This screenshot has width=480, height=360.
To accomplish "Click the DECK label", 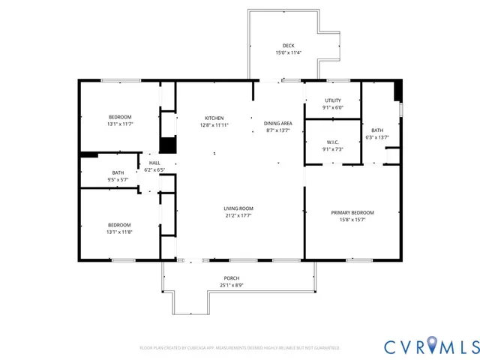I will pos(288,46).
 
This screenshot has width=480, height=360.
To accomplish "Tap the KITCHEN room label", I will pos(214,118).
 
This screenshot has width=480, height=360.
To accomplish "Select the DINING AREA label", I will pos(277,123).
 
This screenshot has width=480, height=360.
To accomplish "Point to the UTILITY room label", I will pos(333,100).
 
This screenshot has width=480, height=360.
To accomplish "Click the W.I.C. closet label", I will pos(333,142).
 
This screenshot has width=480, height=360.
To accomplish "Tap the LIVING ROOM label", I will pos(238,208).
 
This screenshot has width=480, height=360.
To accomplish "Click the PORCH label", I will pos(231,278).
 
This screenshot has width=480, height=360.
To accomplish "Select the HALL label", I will pos(154,163).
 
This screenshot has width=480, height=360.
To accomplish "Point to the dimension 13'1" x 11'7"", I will pos(120,124).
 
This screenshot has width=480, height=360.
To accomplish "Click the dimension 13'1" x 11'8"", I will pos(120,232).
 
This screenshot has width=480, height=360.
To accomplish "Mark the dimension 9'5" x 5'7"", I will pos(118,180).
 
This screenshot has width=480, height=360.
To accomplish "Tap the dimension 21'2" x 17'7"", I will pos(238,216).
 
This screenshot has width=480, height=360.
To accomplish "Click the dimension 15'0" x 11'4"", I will pos(288,53).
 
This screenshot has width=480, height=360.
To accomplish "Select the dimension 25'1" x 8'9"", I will pos(231,286).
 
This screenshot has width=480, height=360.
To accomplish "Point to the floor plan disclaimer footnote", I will pos(240,348).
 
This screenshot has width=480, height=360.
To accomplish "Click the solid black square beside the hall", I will pos(168,145).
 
